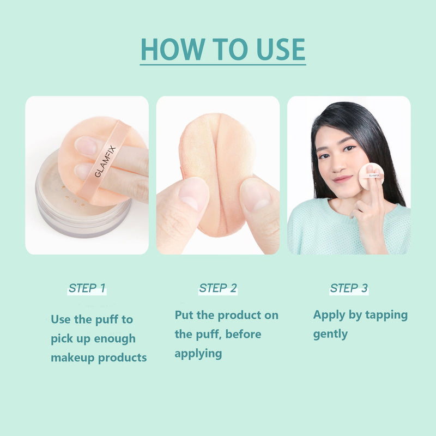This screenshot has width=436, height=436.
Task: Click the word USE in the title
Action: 281,49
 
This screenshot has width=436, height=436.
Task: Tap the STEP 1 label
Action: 87,288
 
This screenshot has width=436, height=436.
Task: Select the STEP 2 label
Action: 218,288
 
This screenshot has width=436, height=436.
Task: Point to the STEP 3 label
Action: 349,288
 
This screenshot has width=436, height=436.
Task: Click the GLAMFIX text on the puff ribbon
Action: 105,161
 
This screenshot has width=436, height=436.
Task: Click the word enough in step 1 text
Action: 114,338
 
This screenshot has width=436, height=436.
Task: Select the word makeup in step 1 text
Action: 73,358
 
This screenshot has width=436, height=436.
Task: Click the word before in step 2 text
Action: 243,334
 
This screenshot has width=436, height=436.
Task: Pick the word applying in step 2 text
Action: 198,354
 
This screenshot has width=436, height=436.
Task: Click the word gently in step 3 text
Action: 330,335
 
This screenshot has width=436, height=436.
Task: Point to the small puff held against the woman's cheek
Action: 371,176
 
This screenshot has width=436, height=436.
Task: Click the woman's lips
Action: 342,179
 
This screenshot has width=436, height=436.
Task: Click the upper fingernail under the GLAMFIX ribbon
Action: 86,146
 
